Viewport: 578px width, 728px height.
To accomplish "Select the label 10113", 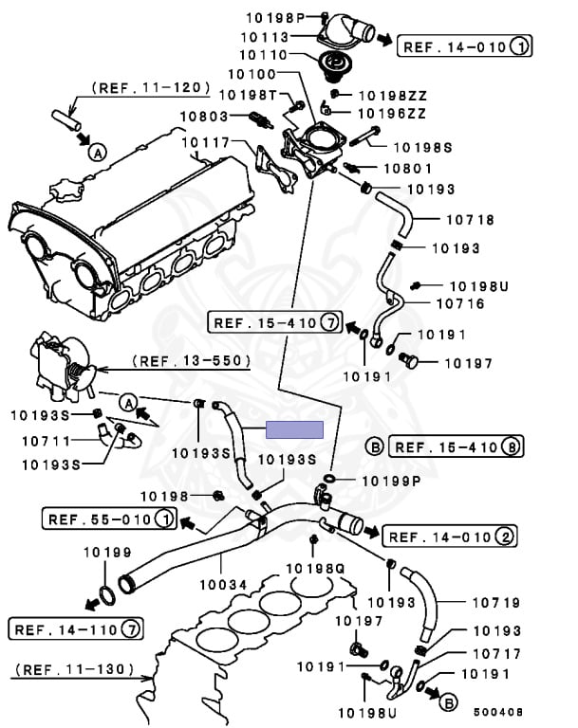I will (x=269, y=37).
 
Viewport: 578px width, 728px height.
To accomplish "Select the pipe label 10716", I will (x=458, y=304).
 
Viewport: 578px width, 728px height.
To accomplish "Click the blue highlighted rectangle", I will (x=294, y=428).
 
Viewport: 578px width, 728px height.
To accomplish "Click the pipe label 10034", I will (x=223, y=585).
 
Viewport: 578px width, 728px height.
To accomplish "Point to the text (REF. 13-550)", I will (x=191, y=361).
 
